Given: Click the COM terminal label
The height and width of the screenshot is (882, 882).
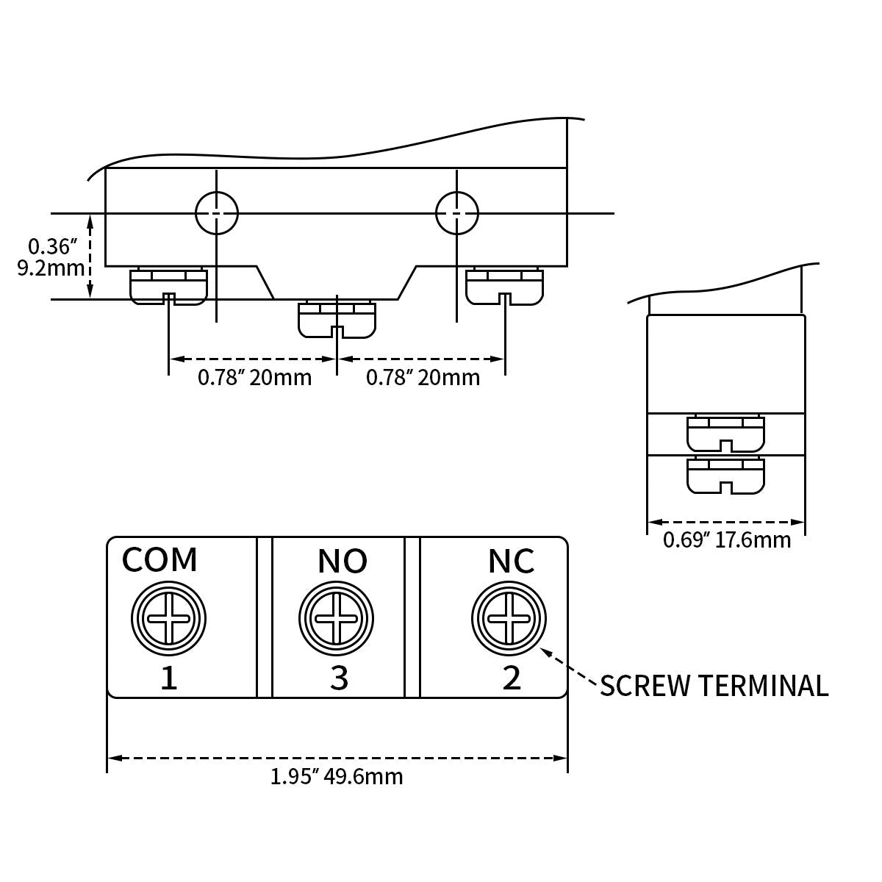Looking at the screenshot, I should click(x=159, y=560).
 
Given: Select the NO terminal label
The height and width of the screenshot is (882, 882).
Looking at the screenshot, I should click(x=343, y=562).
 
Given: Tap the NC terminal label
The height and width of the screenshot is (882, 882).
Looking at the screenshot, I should click(x=512, y=562).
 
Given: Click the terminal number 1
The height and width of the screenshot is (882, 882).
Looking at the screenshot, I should click(x=169, y=678).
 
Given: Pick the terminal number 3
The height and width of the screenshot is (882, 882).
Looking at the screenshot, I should click(x=339, y=678).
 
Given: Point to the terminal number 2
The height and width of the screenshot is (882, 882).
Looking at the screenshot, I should click(x=512, y=678).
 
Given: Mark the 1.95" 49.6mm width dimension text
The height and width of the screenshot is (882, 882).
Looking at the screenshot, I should click(x=337, y=777).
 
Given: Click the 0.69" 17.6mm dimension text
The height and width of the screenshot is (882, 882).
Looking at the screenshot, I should click(x=727, y=540).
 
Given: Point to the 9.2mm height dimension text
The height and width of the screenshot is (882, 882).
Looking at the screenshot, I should click(x=50, y=268).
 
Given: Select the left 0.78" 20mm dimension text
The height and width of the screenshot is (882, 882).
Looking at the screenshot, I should click(x=254, y=378).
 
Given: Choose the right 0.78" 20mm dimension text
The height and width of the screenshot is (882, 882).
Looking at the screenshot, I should click(x=423, y=378).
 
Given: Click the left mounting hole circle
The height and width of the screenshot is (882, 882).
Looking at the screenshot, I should click(x=217, y=214).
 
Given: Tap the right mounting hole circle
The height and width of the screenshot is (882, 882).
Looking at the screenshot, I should click(x=457, y=214).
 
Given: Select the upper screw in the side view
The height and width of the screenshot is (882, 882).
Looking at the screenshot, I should click(x=725, y=434).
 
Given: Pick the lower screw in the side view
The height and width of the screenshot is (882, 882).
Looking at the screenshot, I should click(x=725, y=476).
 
